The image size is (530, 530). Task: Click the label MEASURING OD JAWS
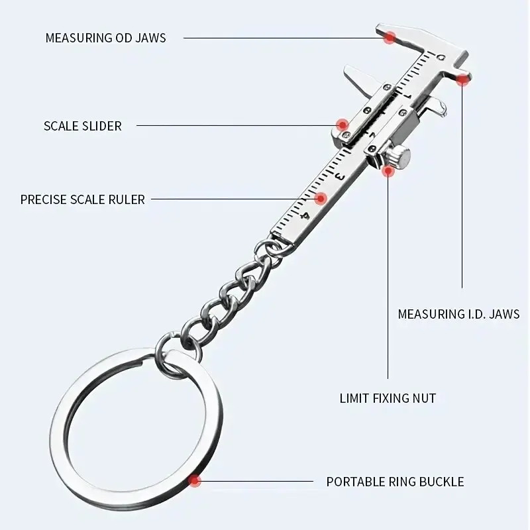pyautogui.click(x=106, y=38)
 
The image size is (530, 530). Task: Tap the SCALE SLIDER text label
pyautogui.click(x=82, y=126)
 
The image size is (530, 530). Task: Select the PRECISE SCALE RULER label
pyautogui.click(x=82, y=199)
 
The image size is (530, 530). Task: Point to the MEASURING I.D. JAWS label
pyautogui.click(x=458, y=314)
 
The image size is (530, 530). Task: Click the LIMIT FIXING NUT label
pyautogui.click(x=388, y=398)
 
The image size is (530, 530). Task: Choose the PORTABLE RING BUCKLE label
pyautogui.click(x=395, y=482)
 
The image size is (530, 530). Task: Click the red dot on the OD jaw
pyautogui.click(x=390, y=37)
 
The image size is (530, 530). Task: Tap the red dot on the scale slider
pyautogui.click(x=343, y=125)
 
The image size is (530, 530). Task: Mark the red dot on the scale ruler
pyautogui.click(x=321, y=198)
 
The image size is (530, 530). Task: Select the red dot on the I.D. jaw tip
pyautogui.click(x=462, y=79)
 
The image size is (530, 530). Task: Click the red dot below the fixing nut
pyautogui.click(x=388, y=171)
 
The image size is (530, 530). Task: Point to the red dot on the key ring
pyautogui.click(x=194, y=480)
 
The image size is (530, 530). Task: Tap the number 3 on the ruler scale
pyautogui.click(x=339, y=176)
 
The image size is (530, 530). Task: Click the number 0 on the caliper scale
pyautogui.click(x=441, y=57)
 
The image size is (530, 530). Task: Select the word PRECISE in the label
pyautogui.click(x=44, y=199)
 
